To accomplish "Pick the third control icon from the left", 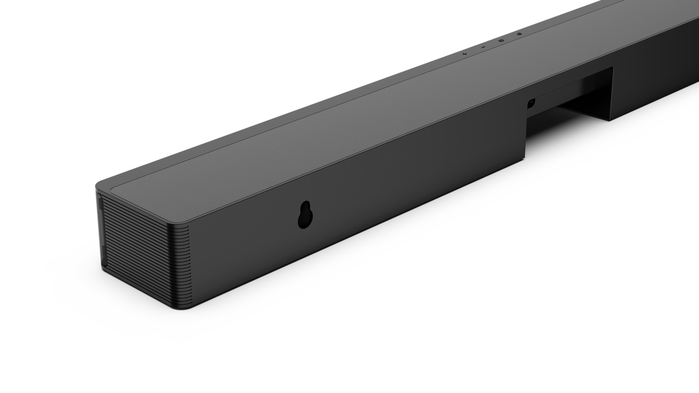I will pos(500,40).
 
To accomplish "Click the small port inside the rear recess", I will pos(531,104).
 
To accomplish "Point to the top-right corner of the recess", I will pos(612,68).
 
